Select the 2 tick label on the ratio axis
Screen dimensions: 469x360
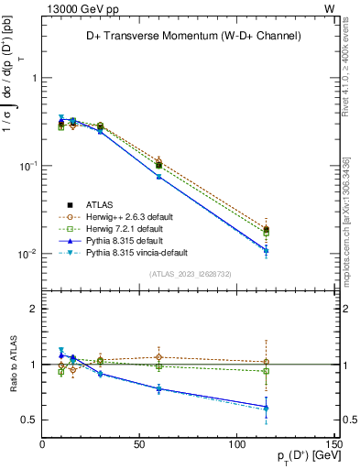tap(33, 310)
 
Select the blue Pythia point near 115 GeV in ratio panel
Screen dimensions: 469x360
tap(266, 407)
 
